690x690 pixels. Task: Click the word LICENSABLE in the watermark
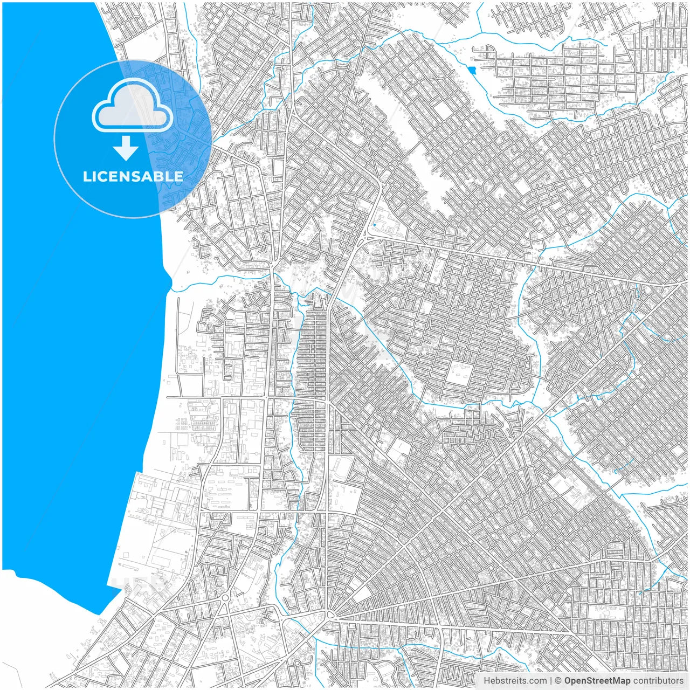point(133,176)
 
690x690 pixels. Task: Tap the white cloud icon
point(133,105)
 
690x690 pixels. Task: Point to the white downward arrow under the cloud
point(126,149)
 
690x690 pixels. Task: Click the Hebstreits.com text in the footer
point(515,681)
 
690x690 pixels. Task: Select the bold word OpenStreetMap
point(597,681)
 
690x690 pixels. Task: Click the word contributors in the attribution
point(658,681)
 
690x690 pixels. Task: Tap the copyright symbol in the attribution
point(558,681)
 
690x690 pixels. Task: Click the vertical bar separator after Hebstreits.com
point(551,681)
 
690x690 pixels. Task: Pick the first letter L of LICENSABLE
point(86,176)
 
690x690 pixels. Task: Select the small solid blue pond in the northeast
point(473,70)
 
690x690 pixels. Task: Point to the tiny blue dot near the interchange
point(374,225)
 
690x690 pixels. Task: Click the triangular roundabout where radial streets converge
point(330,615)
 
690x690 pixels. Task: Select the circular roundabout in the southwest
point(225,597)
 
